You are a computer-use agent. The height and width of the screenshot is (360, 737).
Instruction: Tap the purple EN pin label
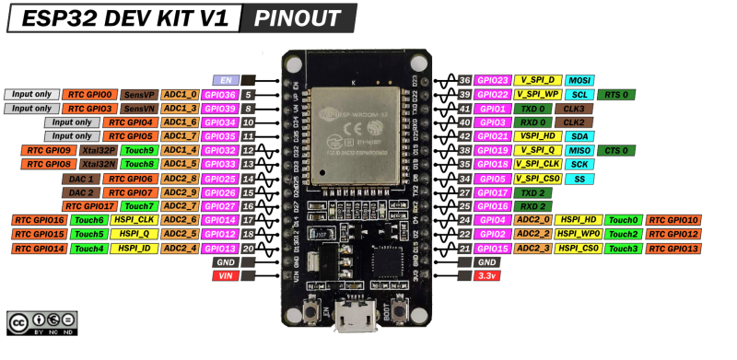pyautogui.click(x=226, y=80)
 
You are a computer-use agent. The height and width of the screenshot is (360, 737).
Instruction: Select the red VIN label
pyautogui.click(x=226, y=275)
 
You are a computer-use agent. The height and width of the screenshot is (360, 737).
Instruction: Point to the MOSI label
pyautogui.click(x=579, y=80)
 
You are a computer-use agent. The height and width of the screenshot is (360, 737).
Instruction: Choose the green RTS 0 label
pyautogui.click(x=616, y=94)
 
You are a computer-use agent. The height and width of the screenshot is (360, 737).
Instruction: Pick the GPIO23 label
pyautogui.click(x=494, y=80)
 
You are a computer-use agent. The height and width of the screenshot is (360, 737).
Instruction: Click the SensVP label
pyautogui.click(x=139, y=94)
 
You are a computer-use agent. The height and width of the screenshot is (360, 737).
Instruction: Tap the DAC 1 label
pyautogui.click(x=79, y=178)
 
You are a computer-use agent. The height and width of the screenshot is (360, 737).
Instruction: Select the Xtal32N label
pyautogui.click(x=97, y=164)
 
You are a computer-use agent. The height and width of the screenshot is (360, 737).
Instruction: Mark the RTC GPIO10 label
pyautogui.click(x=673, y=220)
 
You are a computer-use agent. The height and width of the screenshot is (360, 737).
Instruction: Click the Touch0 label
pyautogui.click(x=623, y=220)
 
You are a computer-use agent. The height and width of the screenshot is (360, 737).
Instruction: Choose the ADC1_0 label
pyautogui.click(x=180, y=94)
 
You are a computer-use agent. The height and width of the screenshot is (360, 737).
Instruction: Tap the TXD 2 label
pyautogui.click(x=532, y=192)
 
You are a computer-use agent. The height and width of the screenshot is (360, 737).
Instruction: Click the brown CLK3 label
pyautogui.click(x=574, y=108)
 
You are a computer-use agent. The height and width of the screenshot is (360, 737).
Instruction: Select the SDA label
pyautogui.click(x=579, y=135)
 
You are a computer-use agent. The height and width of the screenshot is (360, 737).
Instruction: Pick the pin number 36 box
pyautogui.click(x=464, y=80)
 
